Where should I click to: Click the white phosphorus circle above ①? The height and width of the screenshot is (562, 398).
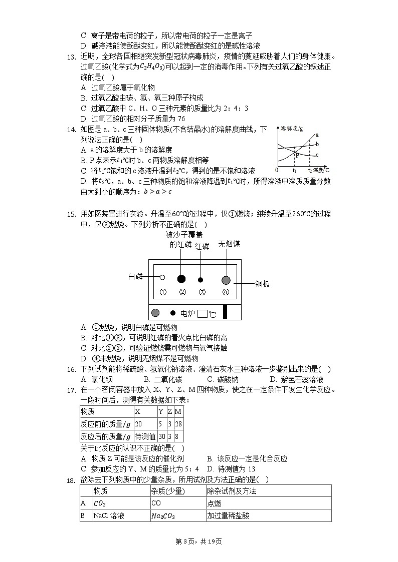pos(162,277)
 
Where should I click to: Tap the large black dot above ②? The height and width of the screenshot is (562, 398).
pos(181,279)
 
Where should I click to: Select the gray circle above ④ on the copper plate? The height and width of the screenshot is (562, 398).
pos(226,280)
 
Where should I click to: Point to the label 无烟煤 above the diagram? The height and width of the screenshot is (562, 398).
pos(229,244)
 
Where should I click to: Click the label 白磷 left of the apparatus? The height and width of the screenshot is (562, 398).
pos(135,277)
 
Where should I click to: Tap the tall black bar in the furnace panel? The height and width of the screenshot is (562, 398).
pos(225,312)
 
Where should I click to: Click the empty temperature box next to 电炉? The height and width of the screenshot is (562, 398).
pos(203,314)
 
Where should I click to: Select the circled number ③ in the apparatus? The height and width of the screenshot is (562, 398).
pos(202,292)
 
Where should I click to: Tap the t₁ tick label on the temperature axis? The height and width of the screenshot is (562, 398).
pos(295,171)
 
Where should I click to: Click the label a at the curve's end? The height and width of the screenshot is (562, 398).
pos(317,135)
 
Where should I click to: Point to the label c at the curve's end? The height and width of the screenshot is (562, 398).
pos(317,155)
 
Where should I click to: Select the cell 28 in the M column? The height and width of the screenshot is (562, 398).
pos(178,424)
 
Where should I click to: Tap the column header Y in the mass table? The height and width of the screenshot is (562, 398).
pos(161,411)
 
